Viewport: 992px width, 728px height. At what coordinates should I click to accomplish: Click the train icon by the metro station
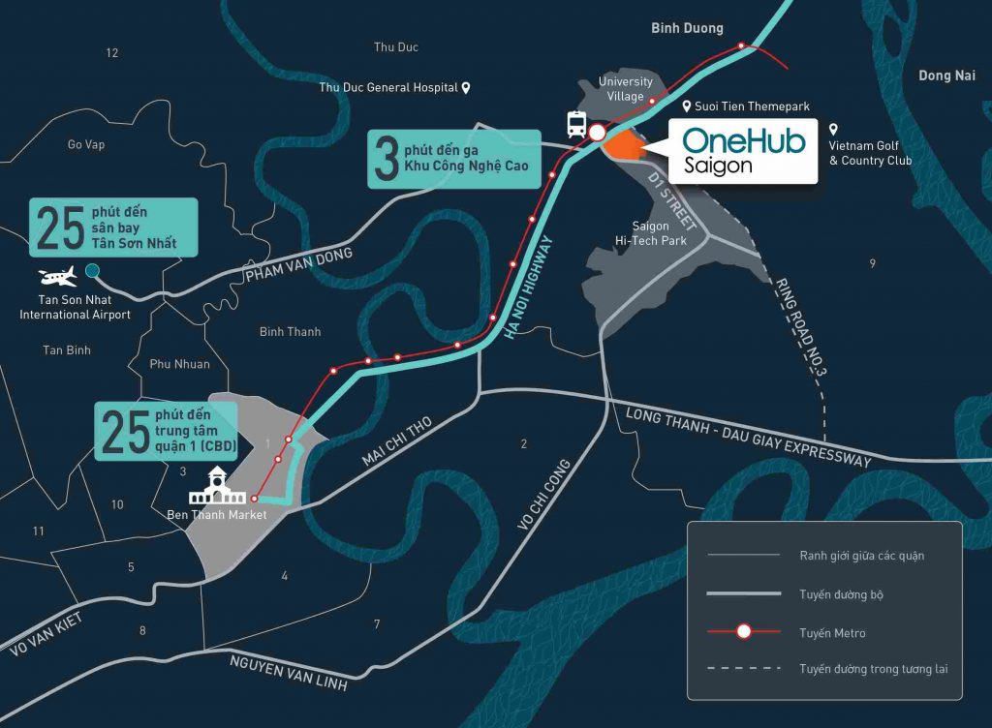click(576, 124)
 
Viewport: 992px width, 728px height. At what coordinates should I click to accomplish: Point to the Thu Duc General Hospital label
click(388, 88)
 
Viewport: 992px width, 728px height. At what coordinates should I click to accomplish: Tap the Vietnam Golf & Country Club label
click(870, 153)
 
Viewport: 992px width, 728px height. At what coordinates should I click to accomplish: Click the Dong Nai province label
click(946, 76)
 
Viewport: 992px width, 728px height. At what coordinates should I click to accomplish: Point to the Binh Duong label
click(687, 29)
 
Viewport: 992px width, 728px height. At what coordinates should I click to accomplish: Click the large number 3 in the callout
click(387, 160)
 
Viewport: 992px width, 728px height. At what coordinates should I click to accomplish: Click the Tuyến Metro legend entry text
click(832, 633)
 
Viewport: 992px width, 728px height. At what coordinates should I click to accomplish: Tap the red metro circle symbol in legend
click(744, 632)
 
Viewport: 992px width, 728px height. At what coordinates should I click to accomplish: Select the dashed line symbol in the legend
click(744, 669)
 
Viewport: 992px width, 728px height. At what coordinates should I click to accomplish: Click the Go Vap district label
click(86, 145)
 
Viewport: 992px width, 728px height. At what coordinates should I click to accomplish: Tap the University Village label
click(625, 89)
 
